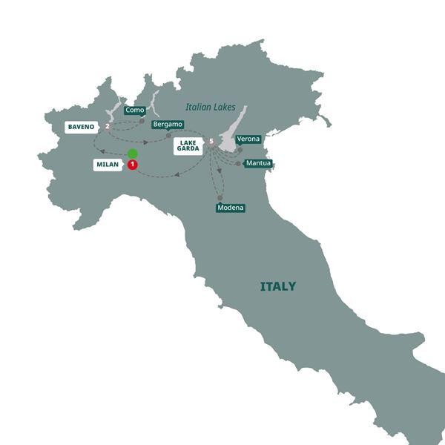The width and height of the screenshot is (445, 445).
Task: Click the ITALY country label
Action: [x=278, y=286]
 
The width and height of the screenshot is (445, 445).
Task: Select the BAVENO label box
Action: [x=81, y=127]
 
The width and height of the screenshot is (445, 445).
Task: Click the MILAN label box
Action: [x=108, y=165]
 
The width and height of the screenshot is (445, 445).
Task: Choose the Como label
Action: [x=134, y=110]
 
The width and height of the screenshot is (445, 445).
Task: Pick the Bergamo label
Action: [x=167, y=125]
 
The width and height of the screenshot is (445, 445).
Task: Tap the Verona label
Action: [x=248, y=139]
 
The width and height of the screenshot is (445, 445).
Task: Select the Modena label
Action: [x=231, y=208]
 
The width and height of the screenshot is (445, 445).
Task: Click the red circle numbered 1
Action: [x=133, y=165]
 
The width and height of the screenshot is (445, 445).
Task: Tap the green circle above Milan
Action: [x=133, y=154]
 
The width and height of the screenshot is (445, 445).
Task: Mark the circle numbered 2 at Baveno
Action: [x=108, y=127]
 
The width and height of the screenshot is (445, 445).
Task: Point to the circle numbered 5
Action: [x=212, y=142]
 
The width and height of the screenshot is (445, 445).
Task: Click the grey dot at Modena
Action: [x=220, y=197]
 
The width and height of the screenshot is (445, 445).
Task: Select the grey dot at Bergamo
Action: [x=168, y=135]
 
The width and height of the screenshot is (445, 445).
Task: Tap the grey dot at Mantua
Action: [x=239, y=163]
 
